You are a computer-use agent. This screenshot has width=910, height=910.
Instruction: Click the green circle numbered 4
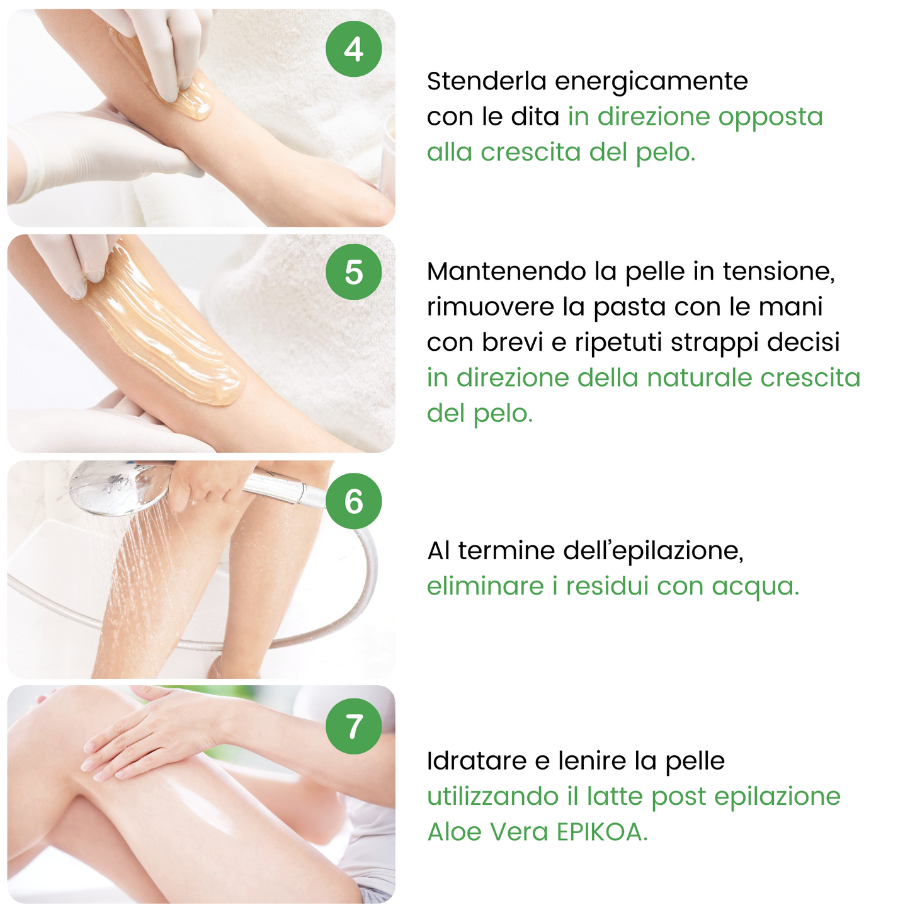coord(354,48)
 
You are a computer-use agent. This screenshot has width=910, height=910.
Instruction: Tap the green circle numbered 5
coord(354,271)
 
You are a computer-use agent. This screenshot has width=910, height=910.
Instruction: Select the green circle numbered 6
coord(354,501)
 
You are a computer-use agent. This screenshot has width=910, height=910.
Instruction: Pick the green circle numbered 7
coord(354,726)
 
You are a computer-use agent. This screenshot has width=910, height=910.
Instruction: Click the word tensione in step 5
coord(779,271)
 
